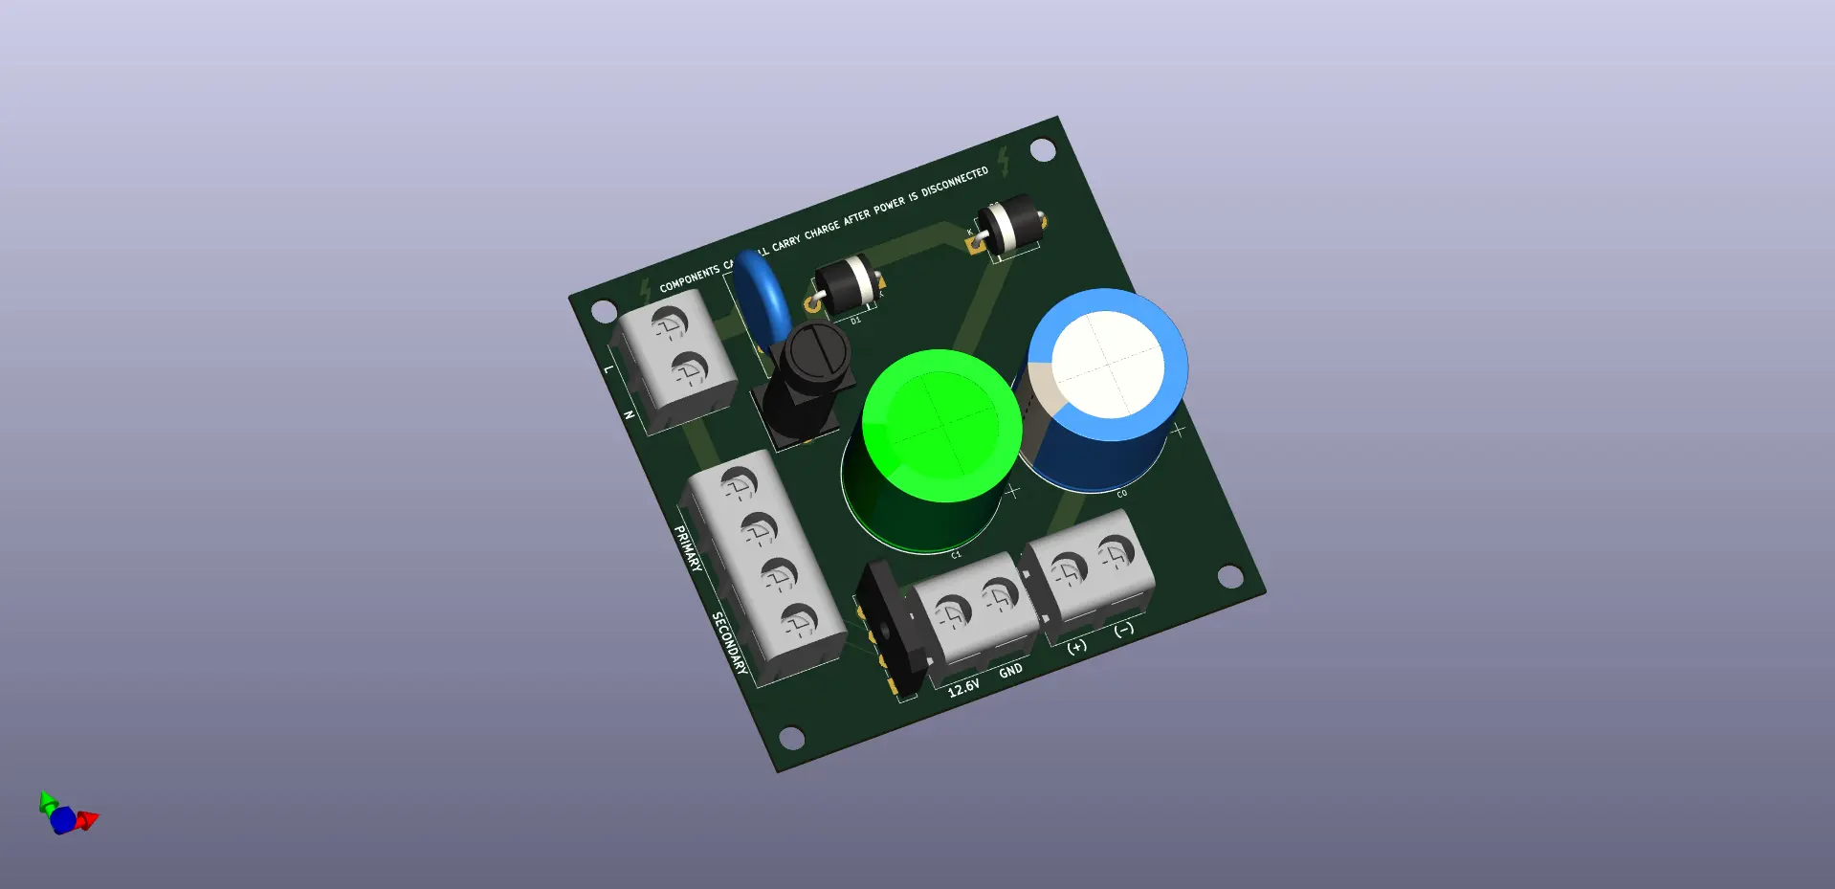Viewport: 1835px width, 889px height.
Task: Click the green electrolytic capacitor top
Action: (941, 426)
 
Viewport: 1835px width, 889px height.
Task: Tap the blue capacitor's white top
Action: (1108, 365)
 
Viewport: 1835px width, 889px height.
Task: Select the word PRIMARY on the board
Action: (688, 548)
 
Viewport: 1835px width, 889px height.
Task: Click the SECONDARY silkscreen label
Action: (729, 643)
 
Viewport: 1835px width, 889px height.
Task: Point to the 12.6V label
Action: (963, 688)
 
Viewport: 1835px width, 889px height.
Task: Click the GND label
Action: (1010, 671)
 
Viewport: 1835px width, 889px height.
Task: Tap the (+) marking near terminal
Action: (1077, 646)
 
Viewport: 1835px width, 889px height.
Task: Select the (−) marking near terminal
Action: (1124, 629)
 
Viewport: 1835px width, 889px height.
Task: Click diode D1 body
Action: (846, 284)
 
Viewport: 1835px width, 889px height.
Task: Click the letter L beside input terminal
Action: (608, 368)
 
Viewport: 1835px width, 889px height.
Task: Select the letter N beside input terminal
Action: (629, 414)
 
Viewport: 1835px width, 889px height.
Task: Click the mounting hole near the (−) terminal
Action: (1230, 576)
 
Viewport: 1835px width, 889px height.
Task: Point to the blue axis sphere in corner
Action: (63, 820)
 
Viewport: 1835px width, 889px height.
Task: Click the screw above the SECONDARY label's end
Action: (797, 622)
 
